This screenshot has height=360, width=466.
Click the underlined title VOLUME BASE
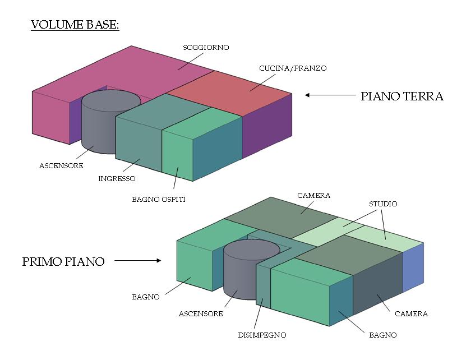[75, 26]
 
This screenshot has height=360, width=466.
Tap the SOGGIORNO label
[206, 48]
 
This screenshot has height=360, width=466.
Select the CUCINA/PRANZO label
[292, 68]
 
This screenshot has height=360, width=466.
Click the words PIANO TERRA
[402, 96]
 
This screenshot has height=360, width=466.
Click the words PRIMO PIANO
[63, 262]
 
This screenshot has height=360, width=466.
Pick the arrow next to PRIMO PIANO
[138, 260]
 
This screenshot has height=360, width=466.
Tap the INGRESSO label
[117, 179]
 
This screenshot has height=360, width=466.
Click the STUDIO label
[383, 204]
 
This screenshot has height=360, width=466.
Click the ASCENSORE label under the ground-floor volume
[61, 166]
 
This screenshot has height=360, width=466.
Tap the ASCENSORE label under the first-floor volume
[201, 314]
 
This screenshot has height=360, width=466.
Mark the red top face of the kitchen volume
[230, 90]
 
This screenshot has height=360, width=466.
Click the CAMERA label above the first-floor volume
[313, 196]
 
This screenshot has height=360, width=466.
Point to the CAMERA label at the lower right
[411, 314]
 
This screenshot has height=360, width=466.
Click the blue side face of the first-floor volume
[413, 266]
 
